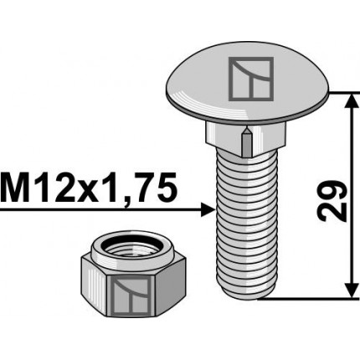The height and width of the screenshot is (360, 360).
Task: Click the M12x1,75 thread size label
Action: pyautogui.click(x=89, y=188)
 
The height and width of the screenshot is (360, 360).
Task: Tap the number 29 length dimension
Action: pyautogui.click(x=332, y=201)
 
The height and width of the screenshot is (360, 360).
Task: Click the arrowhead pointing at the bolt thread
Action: pyautogui.click(x=208, y=210)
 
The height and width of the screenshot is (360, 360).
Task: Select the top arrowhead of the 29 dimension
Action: pyautogui.click(x=352, y=100)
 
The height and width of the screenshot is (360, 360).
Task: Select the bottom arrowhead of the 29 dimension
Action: pyautogui.click(x=352, y=291)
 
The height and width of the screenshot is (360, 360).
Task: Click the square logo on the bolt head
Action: pyautogui.click(x=251, y=79)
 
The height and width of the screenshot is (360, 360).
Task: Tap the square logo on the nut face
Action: pyautogui.click(x=131, y=296)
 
